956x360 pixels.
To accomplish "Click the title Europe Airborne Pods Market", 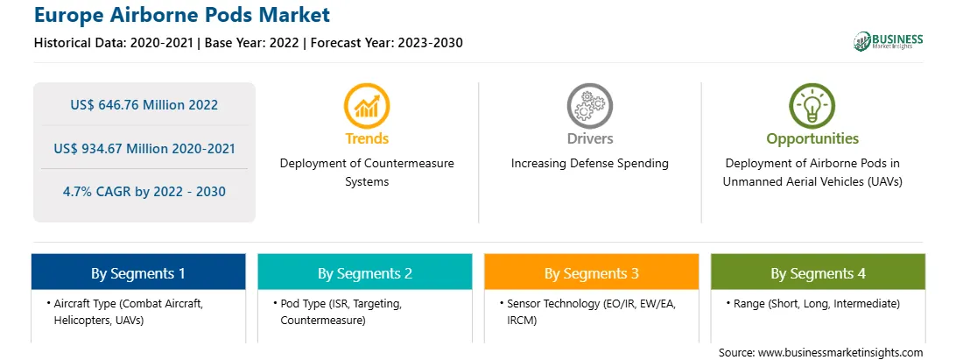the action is pyautogui.click(x=182, y=14).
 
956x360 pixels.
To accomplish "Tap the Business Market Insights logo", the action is pyautogui.click(x=888, y=41).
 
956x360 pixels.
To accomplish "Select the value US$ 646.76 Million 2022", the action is pyautogui.click(x=144, y=104).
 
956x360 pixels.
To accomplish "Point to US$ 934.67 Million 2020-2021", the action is pyautogui.click(x=144, y=148).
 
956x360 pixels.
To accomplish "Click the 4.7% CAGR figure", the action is pyautogui.click(x=144, y=192).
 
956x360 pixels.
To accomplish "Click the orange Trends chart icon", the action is pyautogui.click(x=367, y=106).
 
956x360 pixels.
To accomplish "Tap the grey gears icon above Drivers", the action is pyautogui.click(x=589, y=106).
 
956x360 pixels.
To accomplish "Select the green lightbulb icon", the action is pyautogui.click(x=812, y=106).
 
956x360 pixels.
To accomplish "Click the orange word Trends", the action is pyautogui.click(x=367, y=138).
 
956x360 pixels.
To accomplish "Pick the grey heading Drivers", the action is pyautogui.click(x=589, y=138).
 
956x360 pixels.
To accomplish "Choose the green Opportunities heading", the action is pyautogui.click(x=812, y=139).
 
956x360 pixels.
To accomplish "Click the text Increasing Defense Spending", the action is pyautogui.click(x=589, y=164).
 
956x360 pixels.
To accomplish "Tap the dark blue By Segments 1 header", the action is pyautogui.click(x=138, y=272).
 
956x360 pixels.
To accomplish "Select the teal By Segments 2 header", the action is pyautogui.click(x=364, y=272).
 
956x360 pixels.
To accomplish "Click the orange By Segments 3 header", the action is pyautogui.click(x=592, y=272).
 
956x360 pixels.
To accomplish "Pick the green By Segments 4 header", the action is pyautogui.click(x=819, y=272).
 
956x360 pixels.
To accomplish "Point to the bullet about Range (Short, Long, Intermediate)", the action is pyautogui.click(x=812, y=303).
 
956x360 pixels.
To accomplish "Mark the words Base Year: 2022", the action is pyautogui.click(x=252, y=43).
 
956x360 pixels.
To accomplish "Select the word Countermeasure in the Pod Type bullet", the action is pyautogui.click(x=322, y=320).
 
